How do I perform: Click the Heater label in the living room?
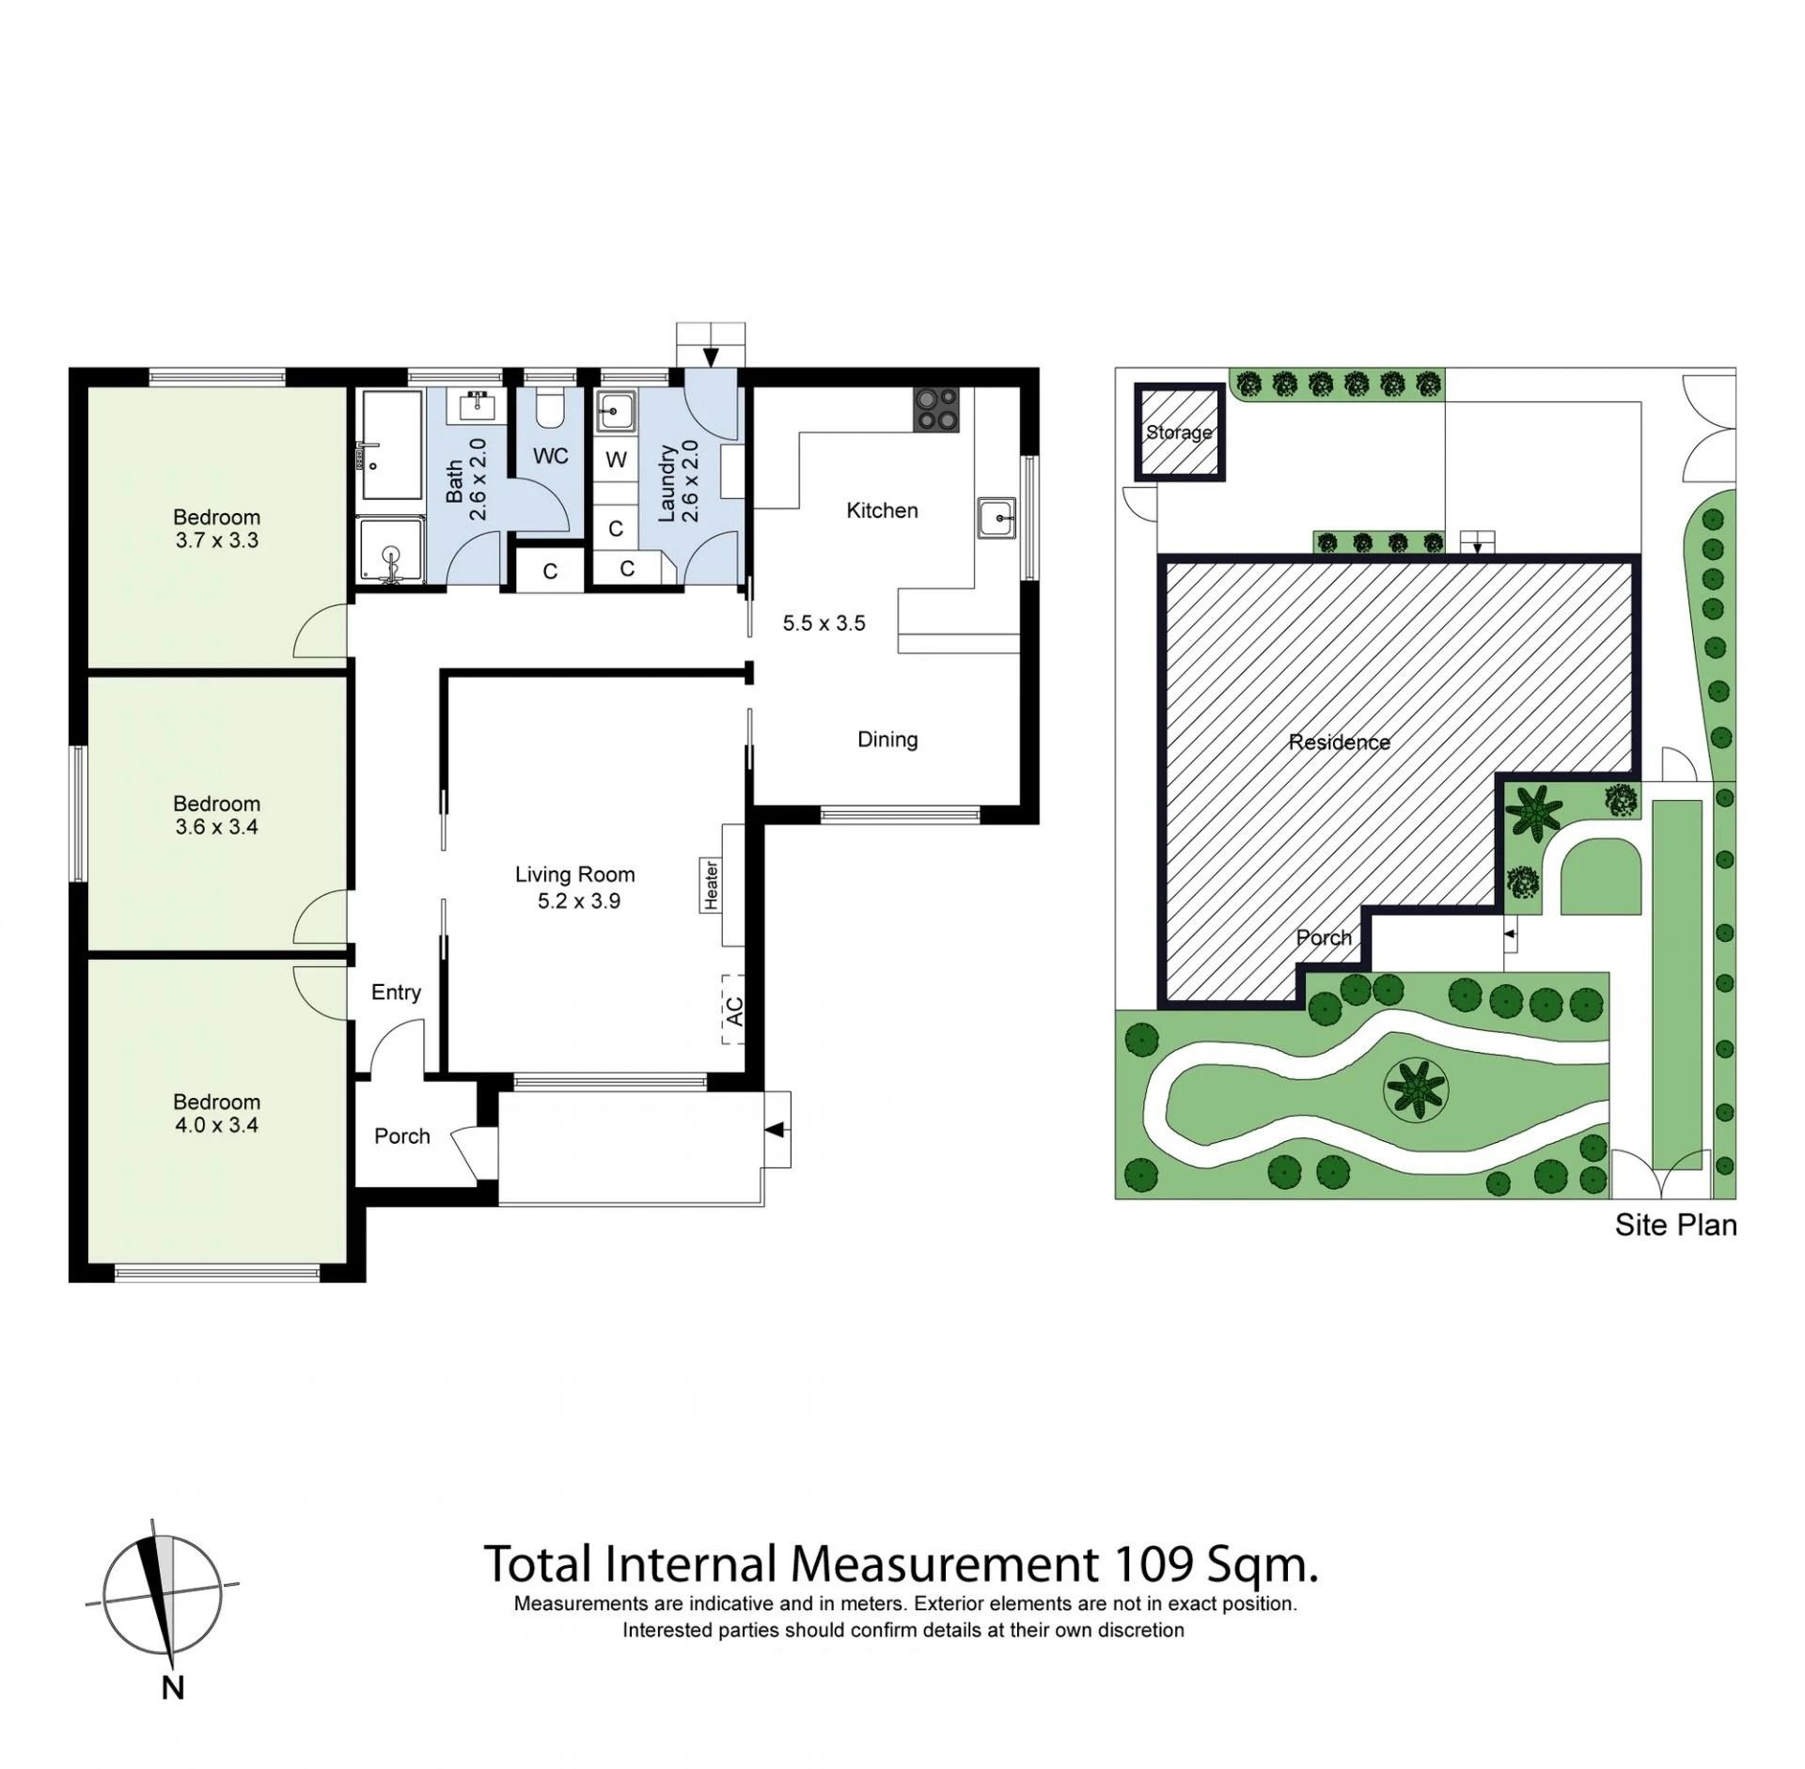(x=712, y=885)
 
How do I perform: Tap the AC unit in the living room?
(x=733, y=1010)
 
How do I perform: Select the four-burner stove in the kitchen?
(x=934, y=410)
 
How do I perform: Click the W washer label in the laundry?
(x=616, y=461)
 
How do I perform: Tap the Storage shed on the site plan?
(x=1180, y=432)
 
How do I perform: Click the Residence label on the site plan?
(x=1339, y=743)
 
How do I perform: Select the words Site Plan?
(x=1675, y=1226)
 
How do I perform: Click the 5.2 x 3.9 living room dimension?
(x=579, y=901)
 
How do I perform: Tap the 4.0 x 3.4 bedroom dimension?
(x=217, y=1125)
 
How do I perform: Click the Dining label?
(x=887, y=740)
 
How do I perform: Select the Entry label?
(x=396, y=993)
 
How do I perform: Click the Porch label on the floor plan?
(x=402, y=1136)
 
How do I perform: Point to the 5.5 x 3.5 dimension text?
(x=824, y=623)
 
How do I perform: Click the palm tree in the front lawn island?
(x=1416, y=1090)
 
